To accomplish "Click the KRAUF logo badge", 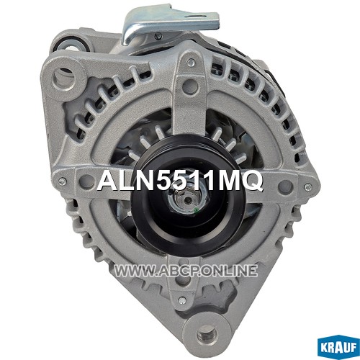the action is (338, 347).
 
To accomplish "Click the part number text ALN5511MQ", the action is (180, 181).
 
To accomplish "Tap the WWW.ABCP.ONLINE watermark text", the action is (186, 271).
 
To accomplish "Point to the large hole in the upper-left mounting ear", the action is (65, 77).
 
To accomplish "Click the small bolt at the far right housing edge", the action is (307, 186).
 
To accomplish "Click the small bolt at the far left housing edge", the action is (62, 180).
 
